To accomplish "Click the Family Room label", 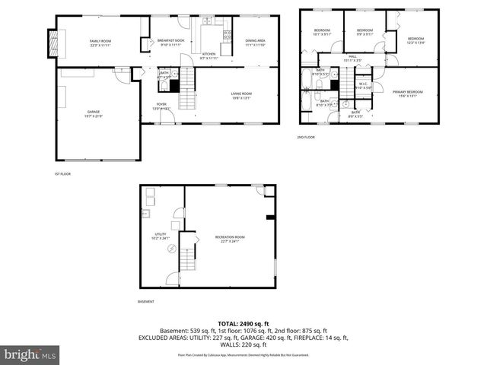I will click(101, 43).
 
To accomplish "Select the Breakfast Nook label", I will click(171, 43).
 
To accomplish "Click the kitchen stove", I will click(226, 36).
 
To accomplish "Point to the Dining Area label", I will click(255, 43).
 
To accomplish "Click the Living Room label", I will click(242, 95).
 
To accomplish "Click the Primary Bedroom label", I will click(408, 94).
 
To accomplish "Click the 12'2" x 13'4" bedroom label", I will click(415, 41).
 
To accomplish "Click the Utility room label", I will click(161, 236).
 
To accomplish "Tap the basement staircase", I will click(188, 264).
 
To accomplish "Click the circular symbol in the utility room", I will click(172, 249).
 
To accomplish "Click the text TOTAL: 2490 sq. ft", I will click(243, 324).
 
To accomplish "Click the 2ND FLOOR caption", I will click(307, 137).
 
